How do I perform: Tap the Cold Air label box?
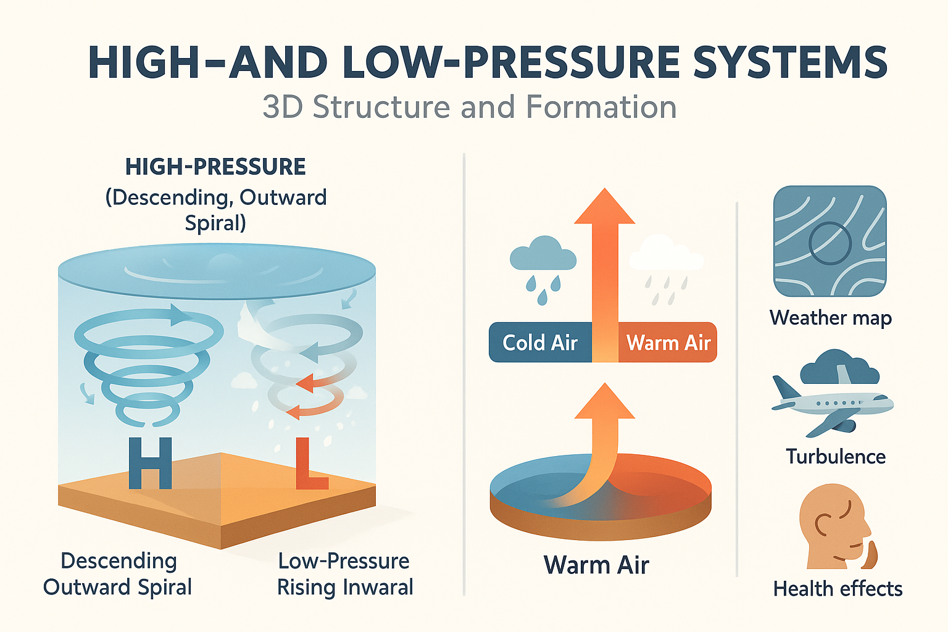click(540, 342)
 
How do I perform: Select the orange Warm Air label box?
click(668, 342)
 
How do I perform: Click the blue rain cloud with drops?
click(543, 259)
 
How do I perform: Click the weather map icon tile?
click(829, 241)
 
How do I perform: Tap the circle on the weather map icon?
click(830, 243)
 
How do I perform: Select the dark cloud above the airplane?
click(839, 367)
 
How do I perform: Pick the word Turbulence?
click(836, 457)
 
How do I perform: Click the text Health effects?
click(838, 589)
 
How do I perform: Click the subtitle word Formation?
click(601, 107)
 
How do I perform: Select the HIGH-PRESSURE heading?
click(215, 167)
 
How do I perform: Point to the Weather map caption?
click(830, 318)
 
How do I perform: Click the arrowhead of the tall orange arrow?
click(604, 207)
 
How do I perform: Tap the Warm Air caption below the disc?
click(596, 565)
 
